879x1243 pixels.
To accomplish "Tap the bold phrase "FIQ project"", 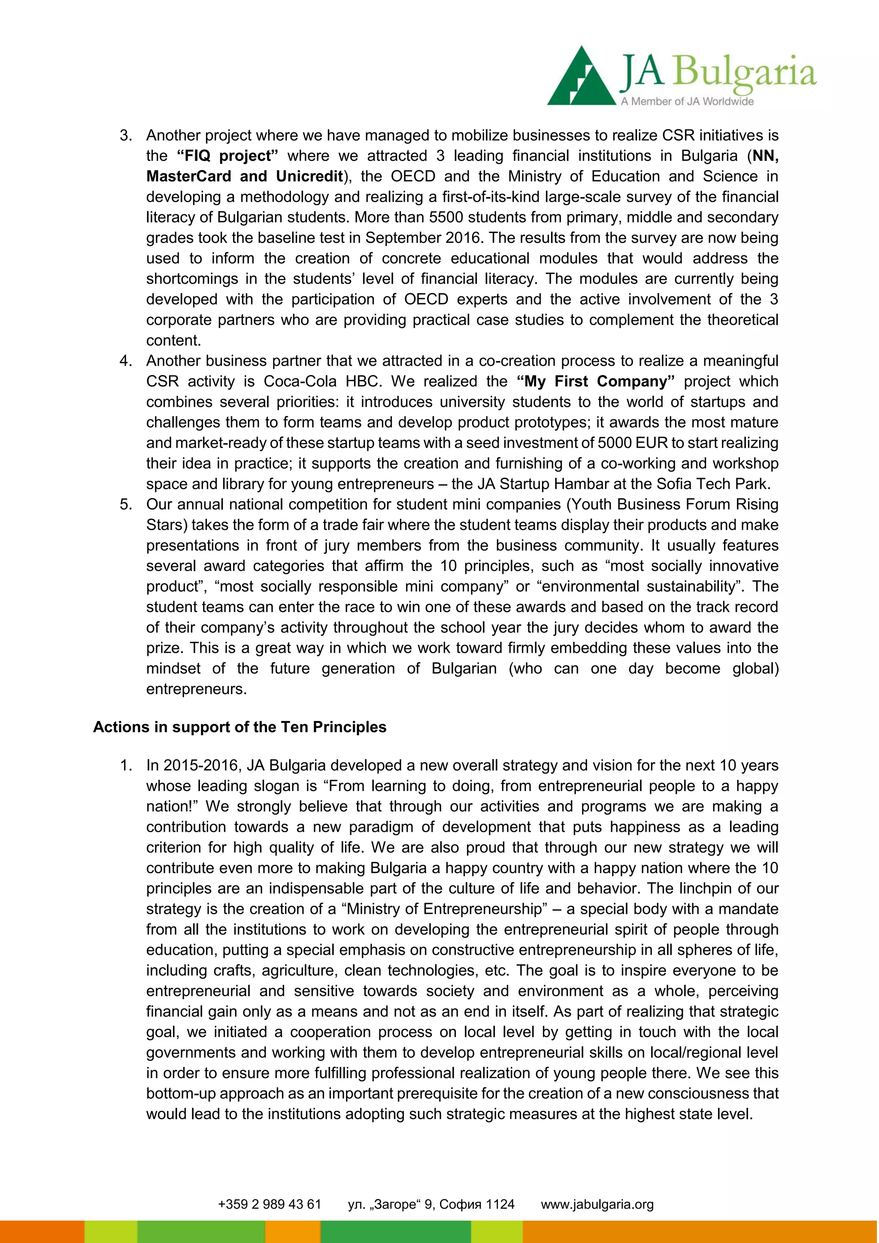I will click(227, 156).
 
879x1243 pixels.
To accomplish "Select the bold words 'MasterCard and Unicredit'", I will click(245, 176).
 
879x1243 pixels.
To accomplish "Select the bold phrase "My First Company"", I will click(596, 382).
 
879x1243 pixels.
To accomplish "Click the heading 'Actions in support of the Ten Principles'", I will click(240, 727).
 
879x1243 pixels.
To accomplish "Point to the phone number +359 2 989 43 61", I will click(269, 1204).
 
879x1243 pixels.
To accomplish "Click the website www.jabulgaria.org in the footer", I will click(597, 1204).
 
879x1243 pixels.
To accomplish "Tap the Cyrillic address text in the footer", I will click(431, 1204).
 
